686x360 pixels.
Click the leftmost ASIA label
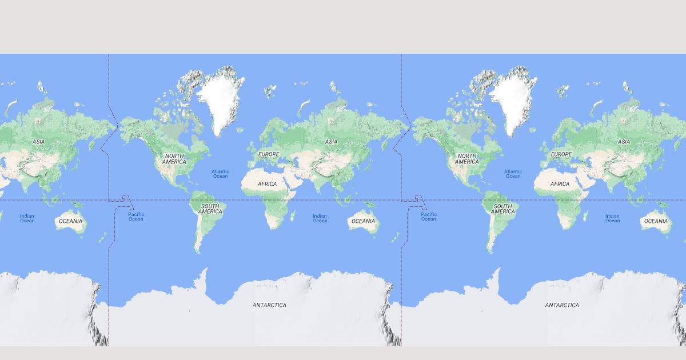(x=38, y=142)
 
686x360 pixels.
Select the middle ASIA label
(x=331, y=142)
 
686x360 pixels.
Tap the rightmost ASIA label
(x=624, y=142)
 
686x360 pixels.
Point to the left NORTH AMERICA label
(x=174, y=159)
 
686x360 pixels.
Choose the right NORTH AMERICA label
(x=467, y=159)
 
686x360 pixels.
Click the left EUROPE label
(x=269, y=154)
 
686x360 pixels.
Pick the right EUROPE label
(x=561, y=154)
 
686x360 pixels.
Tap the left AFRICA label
(x=267, y=184)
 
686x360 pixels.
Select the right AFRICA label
(x=560, y=184)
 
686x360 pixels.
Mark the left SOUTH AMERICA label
(x=210, y=209)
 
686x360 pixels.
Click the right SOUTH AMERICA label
(x=502, y=209)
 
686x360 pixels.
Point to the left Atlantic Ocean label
(x=220, y=174)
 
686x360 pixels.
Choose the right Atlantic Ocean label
(x=513, y=174)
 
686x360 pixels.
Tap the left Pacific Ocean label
(x=136, y=217)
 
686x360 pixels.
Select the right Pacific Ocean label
(x=429, y=217)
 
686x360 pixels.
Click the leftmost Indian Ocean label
(x=27, y=218)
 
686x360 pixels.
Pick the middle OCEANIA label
(x=363, y=221)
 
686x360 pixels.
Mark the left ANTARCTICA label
(x=269, y=305)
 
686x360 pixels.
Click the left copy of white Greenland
(x=219, y=103)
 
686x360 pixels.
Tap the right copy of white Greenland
(x=512, y=103)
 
